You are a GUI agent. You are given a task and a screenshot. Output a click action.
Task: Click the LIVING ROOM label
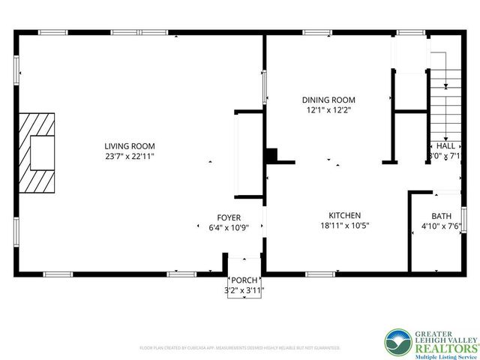point(130,145)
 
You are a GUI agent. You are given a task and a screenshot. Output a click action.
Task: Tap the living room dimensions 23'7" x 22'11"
point(130,156)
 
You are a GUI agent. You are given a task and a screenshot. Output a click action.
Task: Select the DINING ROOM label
point(328,100)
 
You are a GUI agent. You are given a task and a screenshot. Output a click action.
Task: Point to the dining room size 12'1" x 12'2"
point(328,109)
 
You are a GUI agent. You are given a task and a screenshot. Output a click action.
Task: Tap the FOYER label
point(229,217)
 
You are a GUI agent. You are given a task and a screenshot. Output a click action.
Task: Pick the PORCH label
point(244,281)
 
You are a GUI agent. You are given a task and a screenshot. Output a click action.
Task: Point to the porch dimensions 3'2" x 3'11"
point(244,291)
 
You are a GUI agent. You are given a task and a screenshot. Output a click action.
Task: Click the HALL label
point(445,146)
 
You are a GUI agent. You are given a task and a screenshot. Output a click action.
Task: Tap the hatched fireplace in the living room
point(38,154)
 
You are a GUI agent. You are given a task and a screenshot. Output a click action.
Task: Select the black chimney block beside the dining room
point(271,155)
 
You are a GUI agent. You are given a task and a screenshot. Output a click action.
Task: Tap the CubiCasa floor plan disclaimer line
point(240,348)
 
